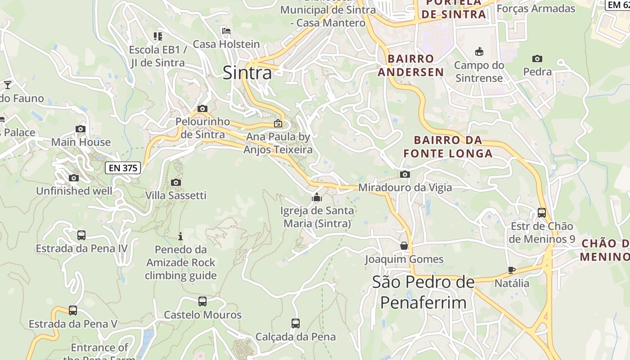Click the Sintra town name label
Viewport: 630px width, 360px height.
(x=247, y=72)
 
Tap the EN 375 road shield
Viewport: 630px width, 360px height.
(x=123, y=168)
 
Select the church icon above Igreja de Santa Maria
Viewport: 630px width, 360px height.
(x=317, y=197)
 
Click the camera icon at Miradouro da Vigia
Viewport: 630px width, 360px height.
(x=405, y=174)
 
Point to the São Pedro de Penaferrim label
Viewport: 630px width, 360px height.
(x=423, y=292)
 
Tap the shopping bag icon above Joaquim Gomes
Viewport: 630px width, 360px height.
(x=404, y=246)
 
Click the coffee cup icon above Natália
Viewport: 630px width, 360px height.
(x=512, y=270)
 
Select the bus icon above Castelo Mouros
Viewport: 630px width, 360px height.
(x=202, y=301)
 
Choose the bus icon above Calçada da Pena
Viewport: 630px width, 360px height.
(x=296, y=323)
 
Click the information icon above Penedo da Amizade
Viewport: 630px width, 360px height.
(x=180, y=236)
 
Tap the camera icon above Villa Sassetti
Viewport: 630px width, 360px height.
(x=176, y=182)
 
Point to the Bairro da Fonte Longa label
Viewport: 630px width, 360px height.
(x=448, y=147)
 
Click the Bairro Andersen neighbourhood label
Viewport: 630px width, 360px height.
(x=410, y=65)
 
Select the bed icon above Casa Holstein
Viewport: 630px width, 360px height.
(x=226, y=31)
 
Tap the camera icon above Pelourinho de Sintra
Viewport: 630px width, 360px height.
(x=202, y=108)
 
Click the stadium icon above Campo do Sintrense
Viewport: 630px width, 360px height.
(x=479, y=52)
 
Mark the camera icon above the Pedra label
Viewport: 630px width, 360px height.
(x=537, y=58)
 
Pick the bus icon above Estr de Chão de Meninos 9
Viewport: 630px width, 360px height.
(x=542, y=213)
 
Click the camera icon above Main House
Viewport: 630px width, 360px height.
(x=81, y=129)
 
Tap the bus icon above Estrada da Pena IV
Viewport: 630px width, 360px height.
(x=81, y=235)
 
